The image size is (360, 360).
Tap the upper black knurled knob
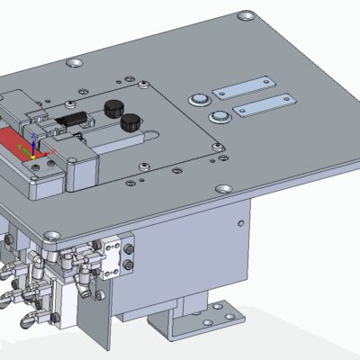point(112,109)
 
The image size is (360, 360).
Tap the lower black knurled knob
point(133,121)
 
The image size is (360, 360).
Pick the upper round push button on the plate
point(198,98)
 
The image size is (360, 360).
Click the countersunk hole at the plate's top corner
point(244,16)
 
